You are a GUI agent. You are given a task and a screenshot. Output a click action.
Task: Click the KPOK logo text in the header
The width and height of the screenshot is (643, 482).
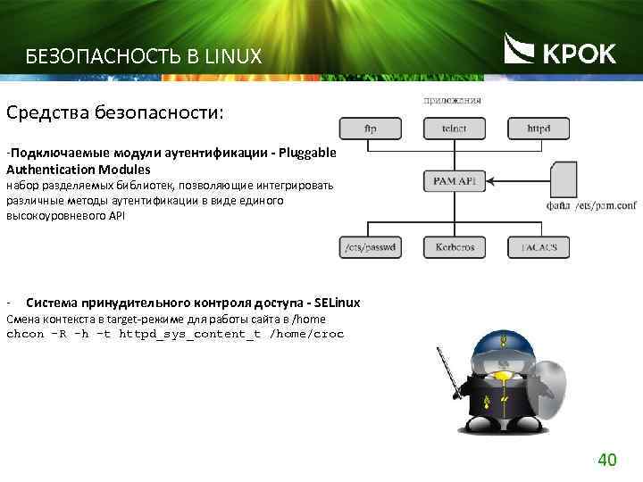click(x=579, y=54)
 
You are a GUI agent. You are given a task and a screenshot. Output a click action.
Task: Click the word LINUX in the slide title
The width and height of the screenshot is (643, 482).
click(x=234, y=57)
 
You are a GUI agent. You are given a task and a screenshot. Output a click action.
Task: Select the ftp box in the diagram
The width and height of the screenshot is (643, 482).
click(x=371, y=129)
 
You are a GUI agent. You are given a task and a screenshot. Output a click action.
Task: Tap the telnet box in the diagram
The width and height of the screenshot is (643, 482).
click(x=454, y=129)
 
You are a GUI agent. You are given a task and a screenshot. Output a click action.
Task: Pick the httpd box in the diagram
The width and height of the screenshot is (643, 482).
click(x=539, y=129)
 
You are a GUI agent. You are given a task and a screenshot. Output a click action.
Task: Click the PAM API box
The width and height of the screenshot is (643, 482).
click(x=454, y=182)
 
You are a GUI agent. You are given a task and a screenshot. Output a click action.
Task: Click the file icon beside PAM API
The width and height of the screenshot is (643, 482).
click(x=564, y=179)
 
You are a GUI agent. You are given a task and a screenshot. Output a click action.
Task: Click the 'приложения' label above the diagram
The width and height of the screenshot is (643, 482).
click(x=452, y=100)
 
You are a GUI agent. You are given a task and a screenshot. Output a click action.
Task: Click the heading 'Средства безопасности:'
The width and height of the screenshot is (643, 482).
click(x=115, y=114)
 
